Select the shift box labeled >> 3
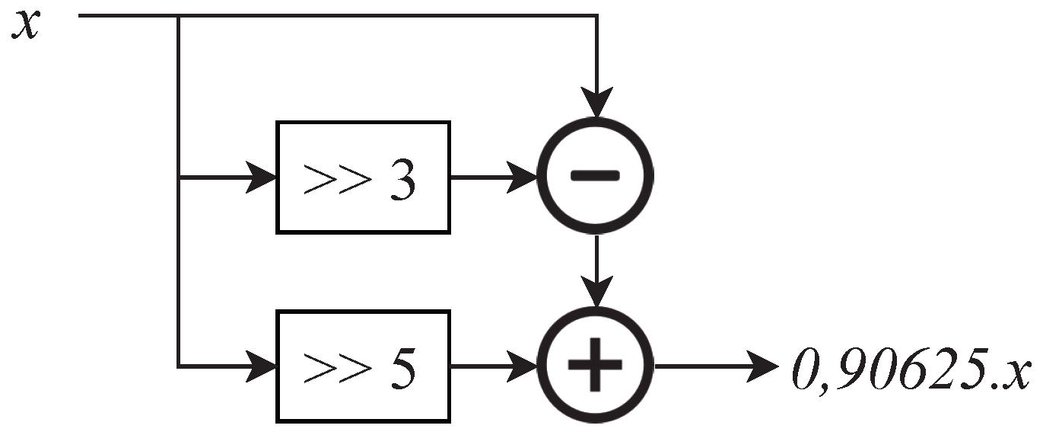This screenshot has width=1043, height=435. point(363,176)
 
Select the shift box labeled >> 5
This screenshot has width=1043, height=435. point(363,366)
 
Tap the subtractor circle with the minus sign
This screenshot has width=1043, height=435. point(596,176)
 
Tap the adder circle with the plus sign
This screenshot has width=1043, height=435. point(596,366)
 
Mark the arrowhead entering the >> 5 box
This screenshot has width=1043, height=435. point(262,366)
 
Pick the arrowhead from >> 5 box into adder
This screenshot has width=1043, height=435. point(524,366)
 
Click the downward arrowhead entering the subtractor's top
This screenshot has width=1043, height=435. point(596,104)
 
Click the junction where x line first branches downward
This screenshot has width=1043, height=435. point(178,16)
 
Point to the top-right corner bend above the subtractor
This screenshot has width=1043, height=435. point(596,16)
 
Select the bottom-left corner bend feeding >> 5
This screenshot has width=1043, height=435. point(178,366)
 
